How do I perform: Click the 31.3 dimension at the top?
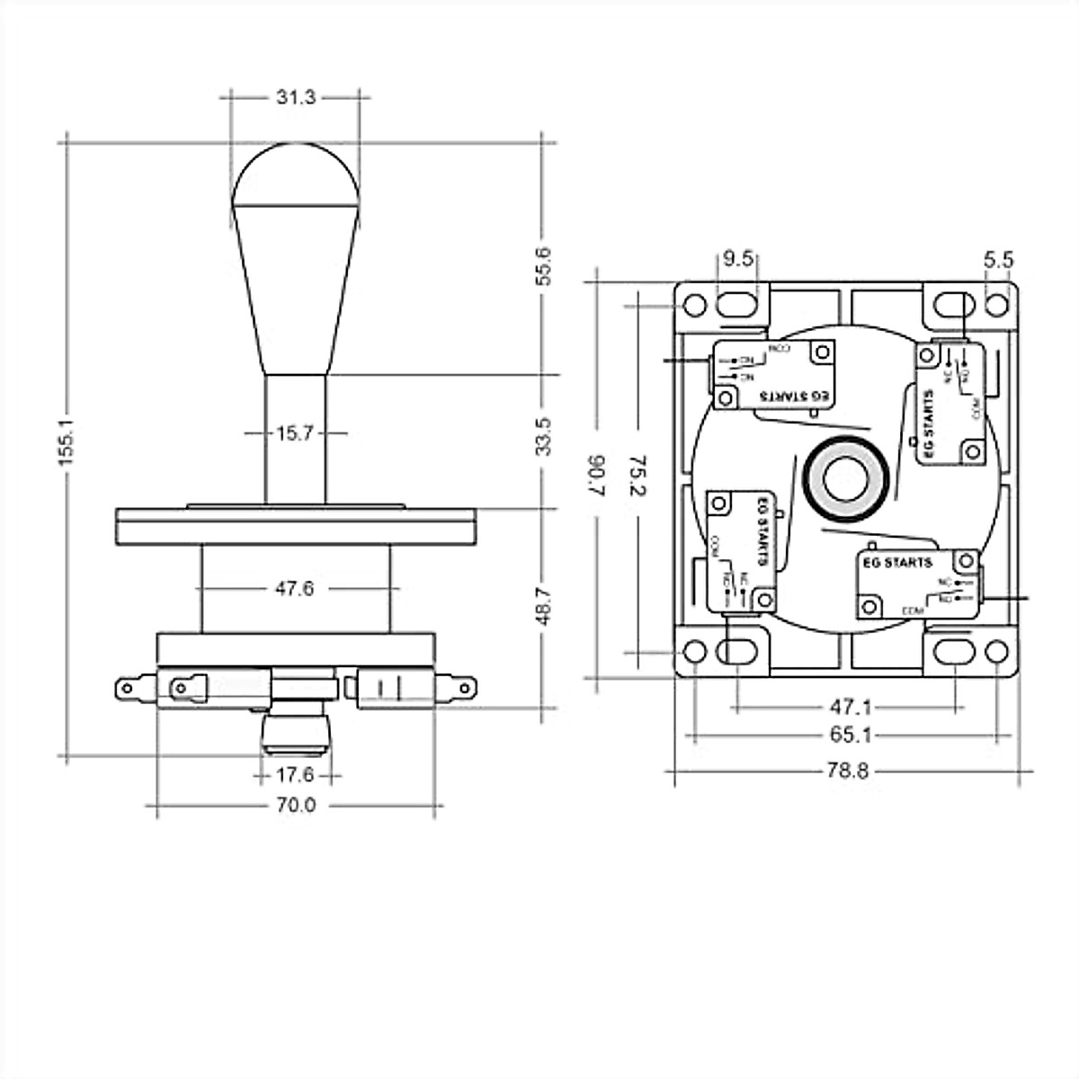click(x=296, y=97)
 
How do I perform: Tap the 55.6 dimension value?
click(x=543, y=265)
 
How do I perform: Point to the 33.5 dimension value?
click(x=543, y=436)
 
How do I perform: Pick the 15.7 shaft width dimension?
click(x=295, y=433)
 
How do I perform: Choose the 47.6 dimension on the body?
click(x=295, y=589)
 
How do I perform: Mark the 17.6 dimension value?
click(x=295, y=774)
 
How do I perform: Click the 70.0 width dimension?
click(x=296, y=806)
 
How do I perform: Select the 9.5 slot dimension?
click(x=737, y=260)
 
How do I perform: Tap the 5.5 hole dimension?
click(x=998, y=260)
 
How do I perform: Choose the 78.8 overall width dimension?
click(x=848, y=771)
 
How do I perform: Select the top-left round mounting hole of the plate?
click(x=694, y=305)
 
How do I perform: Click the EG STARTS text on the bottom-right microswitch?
click(x=896, y=563)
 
